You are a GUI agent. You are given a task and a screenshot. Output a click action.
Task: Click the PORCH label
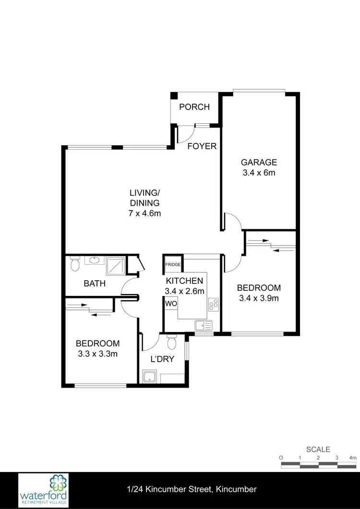click(194, 107)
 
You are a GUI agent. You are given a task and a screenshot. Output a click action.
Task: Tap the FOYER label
click(202, 146)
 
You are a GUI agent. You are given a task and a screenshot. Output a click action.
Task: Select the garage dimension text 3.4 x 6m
click(259, 173)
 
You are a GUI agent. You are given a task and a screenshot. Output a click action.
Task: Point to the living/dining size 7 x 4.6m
click(144, 213)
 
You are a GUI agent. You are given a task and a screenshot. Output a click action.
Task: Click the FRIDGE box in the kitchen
click(173, 264)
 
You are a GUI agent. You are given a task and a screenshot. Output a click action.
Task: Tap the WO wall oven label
click(171, 304)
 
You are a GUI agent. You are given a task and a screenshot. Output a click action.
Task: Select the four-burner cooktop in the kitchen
click(214, 303)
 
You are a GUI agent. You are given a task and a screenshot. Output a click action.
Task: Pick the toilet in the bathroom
click(74, 264)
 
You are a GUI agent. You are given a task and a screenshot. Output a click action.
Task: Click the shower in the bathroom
click(115, 266)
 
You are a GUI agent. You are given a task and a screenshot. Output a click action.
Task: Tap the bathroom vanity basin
click(94, 261)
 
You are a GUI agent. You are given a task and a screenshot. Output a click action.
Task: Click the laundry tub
click(150, 376)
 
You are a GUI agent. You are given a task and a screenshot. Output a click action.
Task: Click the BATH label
click(95, 284)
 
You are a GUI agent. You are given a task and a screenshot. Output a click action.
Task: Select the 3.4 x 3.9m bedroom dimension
click(259, 298)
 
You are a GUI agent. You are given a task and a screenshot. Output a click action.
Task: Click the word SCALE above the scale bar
click(318, 450)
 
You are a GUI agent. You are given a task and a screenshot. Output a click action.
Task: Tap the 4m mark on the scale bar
click(353, 458)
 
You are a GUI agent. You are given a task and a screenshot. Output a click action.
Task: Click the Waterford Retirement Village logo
click(43, 490)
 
